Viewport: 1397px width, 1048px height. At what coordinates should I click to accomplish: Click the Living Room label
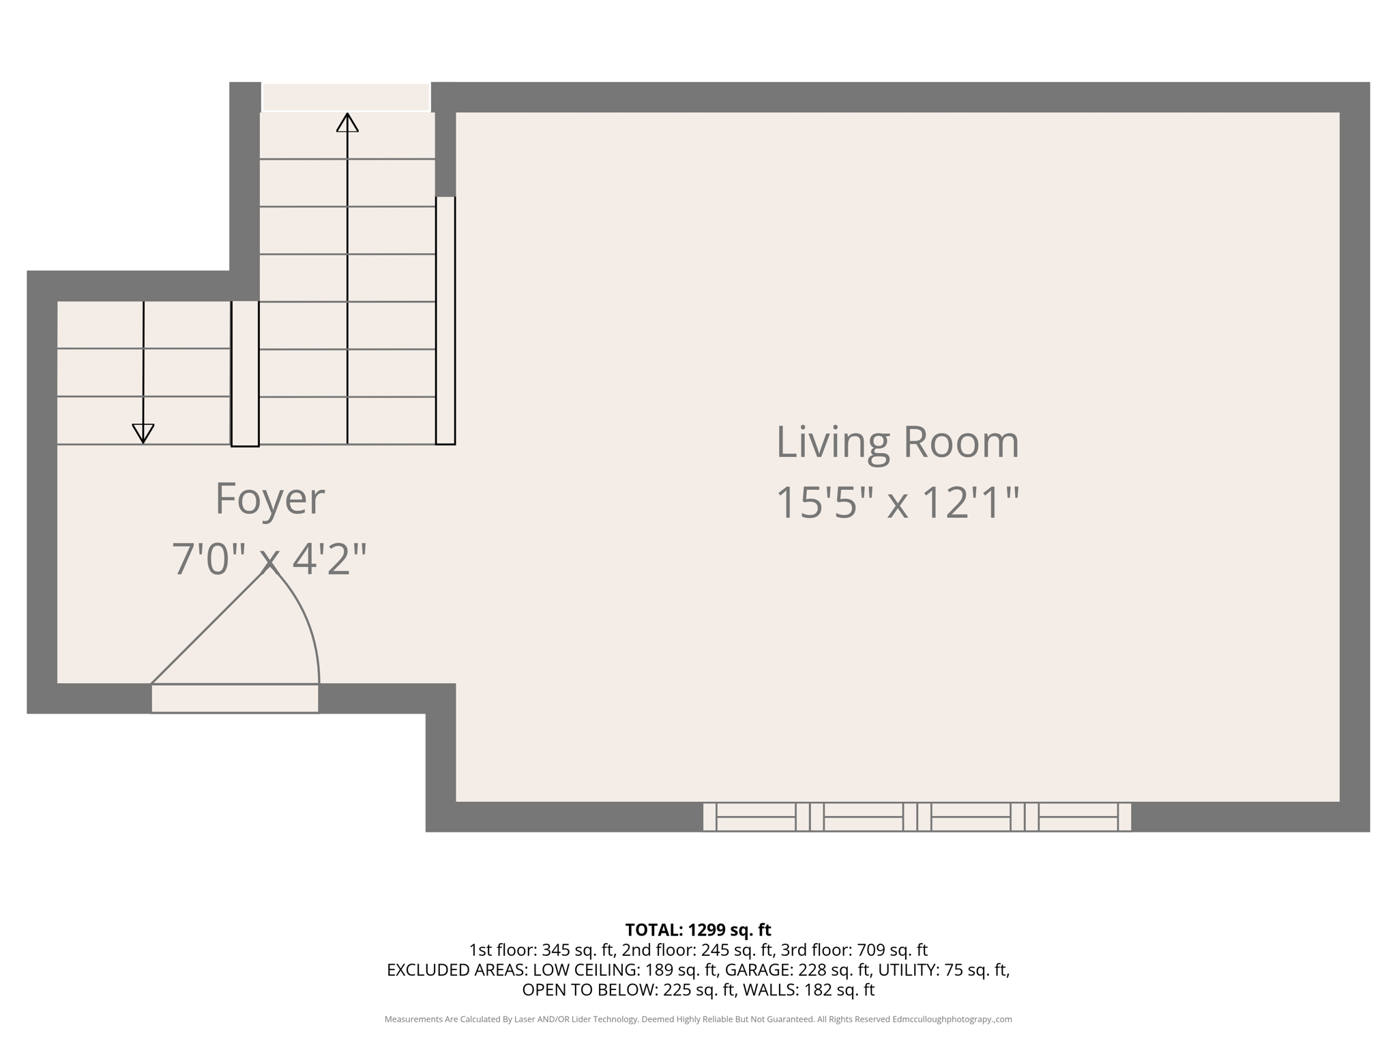pyautogui.click(x=897, y=443)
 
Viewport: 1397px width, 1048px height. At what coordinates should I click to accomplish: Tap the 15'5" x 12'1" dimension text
pyautogui.click(x=897, y=504)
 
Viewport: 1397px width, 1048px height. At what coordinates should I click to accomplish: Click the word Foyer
pyautogui.click(x=269, y=499)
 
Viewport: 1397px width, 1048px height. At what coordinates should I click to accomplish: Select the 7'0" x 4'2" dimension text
pyautogui.click(x=269, y=559)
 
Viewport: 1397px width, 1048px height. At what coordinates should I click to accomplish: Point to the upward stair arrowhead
pyautogui.click(x=347, y=123)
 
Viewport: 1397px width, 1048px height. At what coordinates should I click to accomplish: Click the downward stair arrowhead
pyautogui.click(x=143, y=433)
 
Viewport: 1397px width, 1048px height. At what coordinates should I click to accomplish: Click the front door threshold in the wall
pyautogui.click(x=235, y=699)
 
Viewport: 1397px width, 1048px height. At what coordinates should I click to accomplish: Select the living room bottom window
pyautogui.click(x=917, y=817)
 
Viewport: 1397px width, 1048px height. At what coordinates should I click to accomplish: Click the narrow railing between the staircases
pyautogui.click(x=245, y=374)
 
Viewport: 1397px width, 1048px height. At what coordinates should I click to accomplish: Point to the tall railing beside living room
pyautogui.click(x=445, y=321)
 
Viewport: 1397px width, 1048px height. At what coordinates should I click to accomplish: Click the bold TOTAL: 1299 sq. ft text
pyautogui.click(x=698, y=930)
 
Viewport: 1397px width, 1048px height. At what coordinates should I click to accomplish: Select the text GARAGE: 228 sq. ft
pyautogui.click(x=797, y=970)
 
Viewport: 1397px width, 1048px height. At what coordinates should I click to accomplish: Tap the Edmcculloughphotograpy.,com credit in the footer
pyautogui.click(x=952, y=1019)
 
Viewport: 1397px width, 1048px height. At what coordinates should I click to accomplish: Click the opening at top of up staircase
pyautogui.click(x=346, y=97)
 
